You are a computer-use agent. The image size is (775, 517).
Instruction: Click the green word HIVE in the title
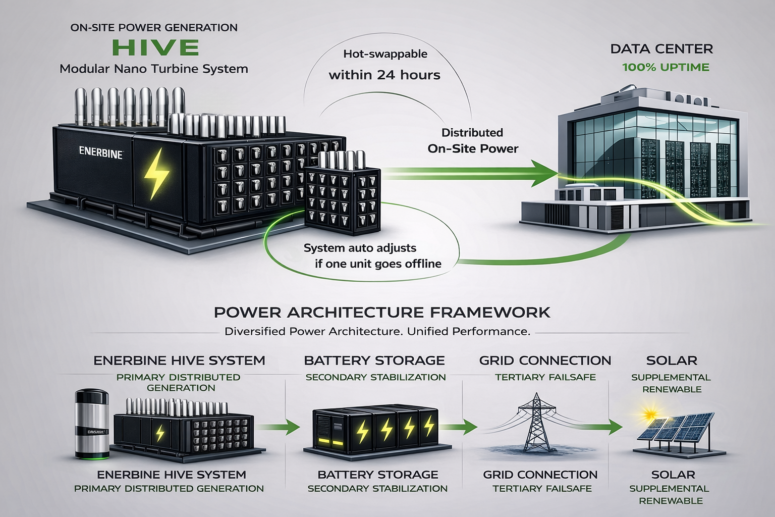point(155,47)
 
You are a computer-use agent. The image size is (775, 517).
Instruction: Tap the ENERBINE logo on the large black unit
point(101,152)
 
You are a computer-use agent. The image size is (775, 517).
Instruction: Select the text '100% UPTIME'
point(666,67)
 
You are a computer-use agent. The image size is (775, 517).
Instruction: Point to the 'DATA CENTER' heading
point(661,49)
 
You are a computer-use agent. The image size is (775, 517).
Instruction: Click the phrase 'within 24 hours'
point(384,75)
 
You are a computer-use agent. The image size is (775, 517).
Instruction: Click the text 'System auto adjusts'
point(360,248)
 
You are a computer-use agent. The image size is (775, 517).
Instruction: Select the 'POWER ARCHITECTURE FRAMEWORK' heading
point(382,312)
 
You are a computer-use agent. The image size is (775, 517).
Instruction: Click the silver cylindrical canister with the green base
point(91,423)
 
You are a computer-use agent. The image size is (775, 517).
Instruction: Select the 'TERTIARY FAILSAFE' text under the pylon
point(542,488)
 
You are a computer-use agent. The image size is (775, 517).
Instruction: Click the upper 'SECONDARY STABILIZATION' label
point(375,377)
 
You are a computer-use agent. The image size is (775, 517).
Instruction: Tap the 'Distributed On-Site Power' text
point(473,140)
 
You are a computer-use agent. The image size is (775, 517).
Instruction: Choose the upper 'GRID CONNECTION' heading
point(545,360)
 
